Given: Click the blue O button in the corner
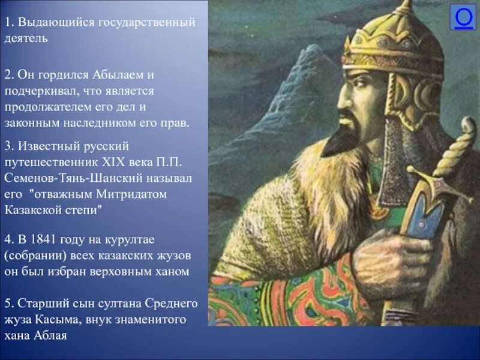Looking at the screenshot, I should tap(463, 17).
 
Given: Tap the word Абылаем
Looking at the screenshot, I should tap(119, 75).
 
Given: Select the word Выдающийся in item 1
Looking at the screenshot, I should tap(55, 22).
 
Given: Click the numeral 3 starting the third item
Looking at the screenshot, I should tap(7, 146).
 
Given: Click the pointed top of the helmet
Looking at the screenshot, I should tap(408, 7).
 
